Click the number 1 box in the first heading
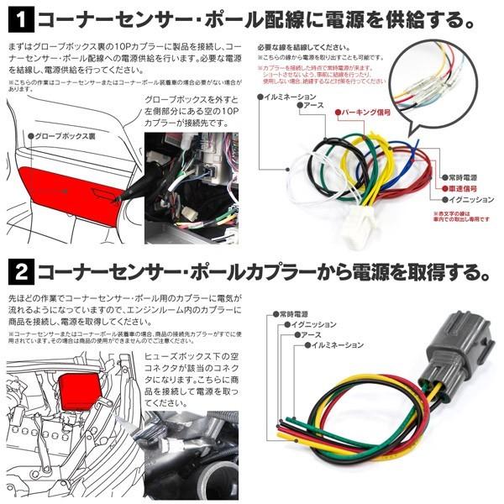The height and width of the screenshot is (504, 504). click(x=20, y=15)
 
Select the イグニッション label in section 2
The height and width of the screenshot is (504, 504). click(x=312, y=324)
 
